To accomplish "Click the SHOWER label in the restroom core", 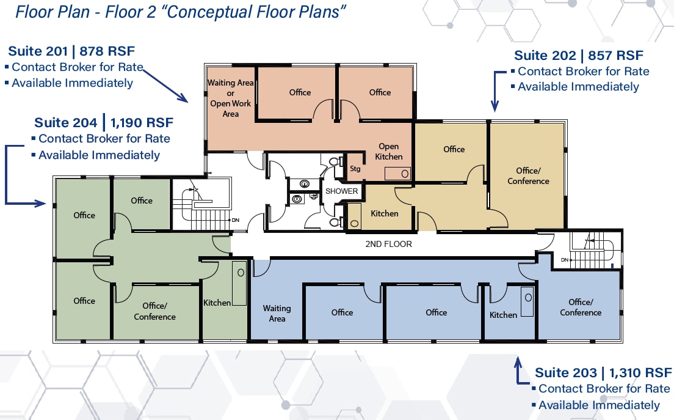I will click(341, 191).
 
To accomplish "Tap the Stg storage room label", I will click(355, 169).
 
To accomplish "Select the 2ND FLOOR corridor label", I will click(388, 244).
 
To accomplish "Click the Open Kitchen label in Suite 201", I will click(389, 151).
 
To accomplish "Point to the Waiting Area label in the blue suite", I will click(277, 313).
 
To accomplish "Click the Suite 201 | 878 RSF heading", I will click(71, 51).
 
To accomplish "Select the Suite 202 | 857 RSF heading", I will click(579, 56).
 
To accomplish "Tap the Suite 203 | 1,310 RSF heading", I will click(603, 372).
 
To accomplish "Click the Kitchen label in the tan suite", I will click(385, 213).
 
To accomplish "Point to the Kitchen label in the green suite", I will click(217, 303).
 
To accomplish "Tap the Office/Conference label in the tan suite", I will click(528, 175).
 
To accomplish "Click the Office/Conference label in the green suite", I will click(154, 311).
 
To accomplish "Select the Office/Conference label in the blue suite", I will click(581, 307).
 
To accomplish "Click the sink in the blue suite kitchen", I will click(527, 300).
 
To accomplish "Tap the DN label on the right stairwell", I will click(565, 260).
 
